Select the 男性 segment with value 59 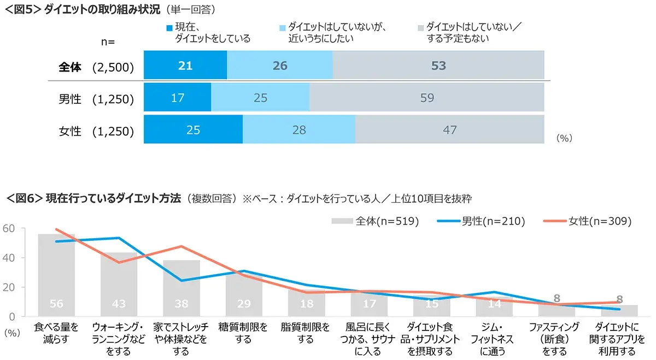pyautogui.click(x=427, y=98)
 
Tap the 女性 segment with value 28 pyautogui.click(x=298, y=130)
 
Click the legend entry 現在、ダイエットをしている pyautogui.click(x=208, y=32)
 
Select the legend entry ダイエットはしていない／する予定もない pyautogui.click(x=454, y=32)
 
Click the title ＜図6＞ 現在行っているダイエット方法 pyautogui.click(x=93, y=198)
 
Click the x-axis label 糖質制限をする pyautogui.click(x=243, y=333)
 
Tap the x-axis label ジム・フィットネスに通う pyautogui.click(x=494, y=339)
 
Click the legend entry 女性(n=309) pyautogui.click(x=588, y=221)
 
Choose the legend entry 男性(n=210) pyautogui.click(x=481, y=221)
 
